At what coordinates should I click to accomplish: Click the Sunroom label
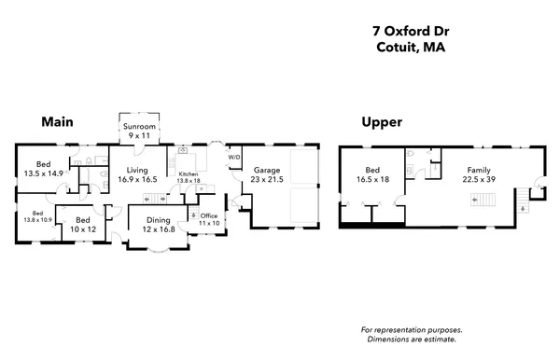pyautogui.click(x=139, y=127)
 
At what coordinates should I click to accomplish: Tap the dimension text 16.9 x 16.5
pyautogui.click(x=138, y=179)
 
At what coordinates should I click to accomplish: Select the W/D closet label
pyautogui.click(x=234, y=158)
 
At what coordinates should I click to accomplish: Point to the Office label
pyautogui.click(x=209, y=215)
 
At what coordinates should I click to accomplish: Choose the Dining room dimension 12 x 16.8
pyautogui.click(x=156, y=228)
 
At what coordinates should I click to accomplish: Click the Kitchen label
pyautogui.click(x=189, y=174)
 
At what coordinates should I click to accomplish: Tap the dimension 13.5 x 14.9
pyautogui.click(x=43, y=173)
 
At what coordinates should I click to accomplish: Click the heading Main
pyautogui.click(x=57, y=122)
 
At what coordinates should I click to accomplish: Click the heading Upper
pyautogui.click(x=382, y=122)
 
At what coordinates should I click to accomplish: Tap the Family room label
pyautogui.click(x=479, y=170)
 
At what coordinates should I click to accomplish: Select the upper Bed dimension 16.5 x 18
pyautogui.click(x=371, y=179)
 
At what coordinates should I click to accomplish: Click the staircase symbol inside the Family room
pyautogui.click(x=483, y=199)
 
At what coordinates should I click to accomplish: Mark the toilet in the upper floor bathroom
pyautogui.click(x=411, y=155)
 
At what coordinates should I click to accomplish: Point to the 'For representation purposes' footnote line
pyautogui.click(x=412, y=330)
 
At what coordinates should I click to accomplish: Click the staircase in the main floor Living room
pyautogui.click(x=161, y=198)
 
